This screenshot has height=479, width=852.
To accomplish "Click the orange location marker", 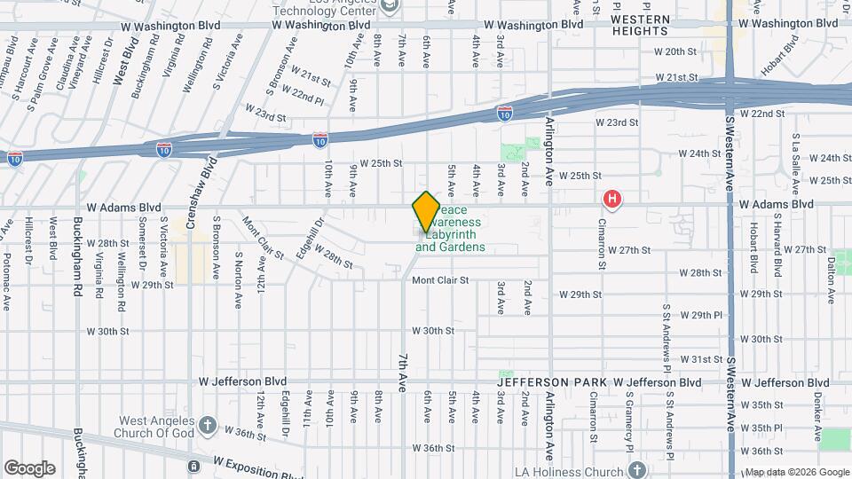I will [426, 211].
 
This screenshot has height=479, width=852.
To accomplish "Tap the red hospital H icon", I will [611, 199].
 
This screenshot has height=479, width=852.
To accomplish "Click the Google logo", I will [29, 467].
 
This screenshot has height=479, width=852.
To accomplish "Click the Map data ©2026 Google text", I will [795, 472].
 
